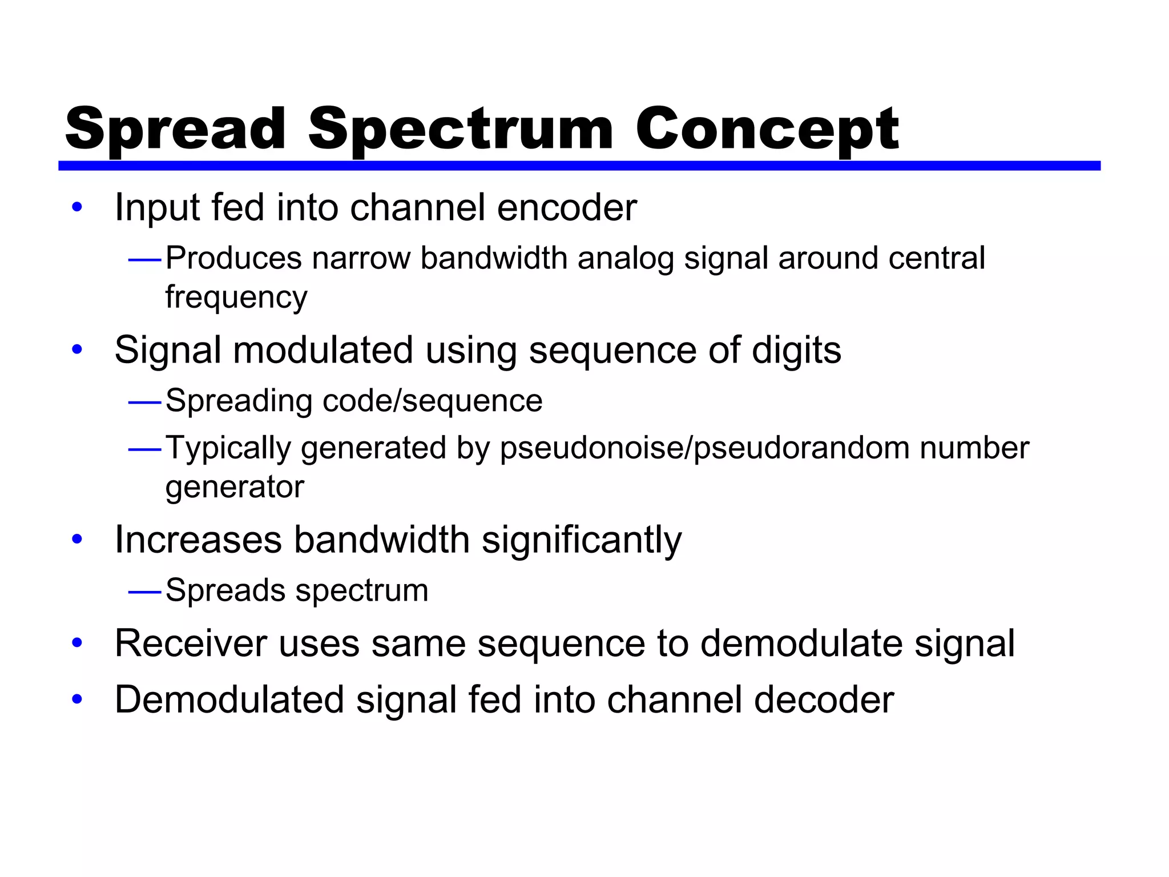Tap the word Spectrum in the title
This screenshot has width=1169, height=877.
coord(460,130)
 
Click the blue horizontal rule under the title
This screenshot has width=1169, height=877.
coord(579,166)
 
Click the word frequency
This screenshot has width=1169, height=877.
coord(236,297)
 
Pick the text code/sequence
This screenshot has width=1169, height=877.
coord(432,401)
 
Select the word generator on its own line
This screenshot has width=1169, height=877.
coord(235,487)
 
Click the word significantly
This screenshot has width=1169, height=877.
coord(582,540)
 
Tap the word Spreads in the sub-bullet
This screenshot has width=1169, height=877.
coord(225,590)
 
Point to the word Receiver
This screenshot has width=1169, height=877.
coord(191,643)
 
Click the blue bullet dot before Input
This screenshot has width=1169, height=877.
coord(77,208)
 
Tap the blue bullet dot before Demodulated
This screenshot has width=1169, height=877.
coord(77,699)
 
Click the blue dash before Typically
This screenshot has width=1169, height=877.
coord(145,450)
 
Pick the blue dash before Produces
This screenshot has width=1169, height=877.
coord(145,260)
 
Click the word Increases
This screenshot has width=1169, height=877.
coord(198,540)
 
